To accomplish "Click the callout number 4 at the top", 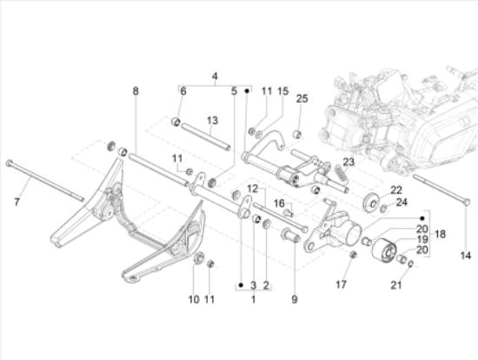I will pos(215,77).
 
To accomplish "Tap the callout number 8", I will pos(135,90).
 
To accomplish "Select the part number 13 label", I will pos(210,120).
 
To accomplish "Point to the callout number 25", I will pos(302,99).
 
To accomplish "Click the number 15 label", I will pos(282,90).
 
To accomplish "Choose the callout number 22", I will pos(395,190).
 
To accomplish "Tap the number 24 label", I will pos(402,203).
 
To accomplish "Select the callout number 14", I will pos(464,256).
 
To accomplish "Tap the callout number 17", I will pos(342,284).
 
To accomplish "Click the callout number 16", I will pos(281,202).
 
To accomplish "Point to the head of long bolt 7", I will pos(9,163).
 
